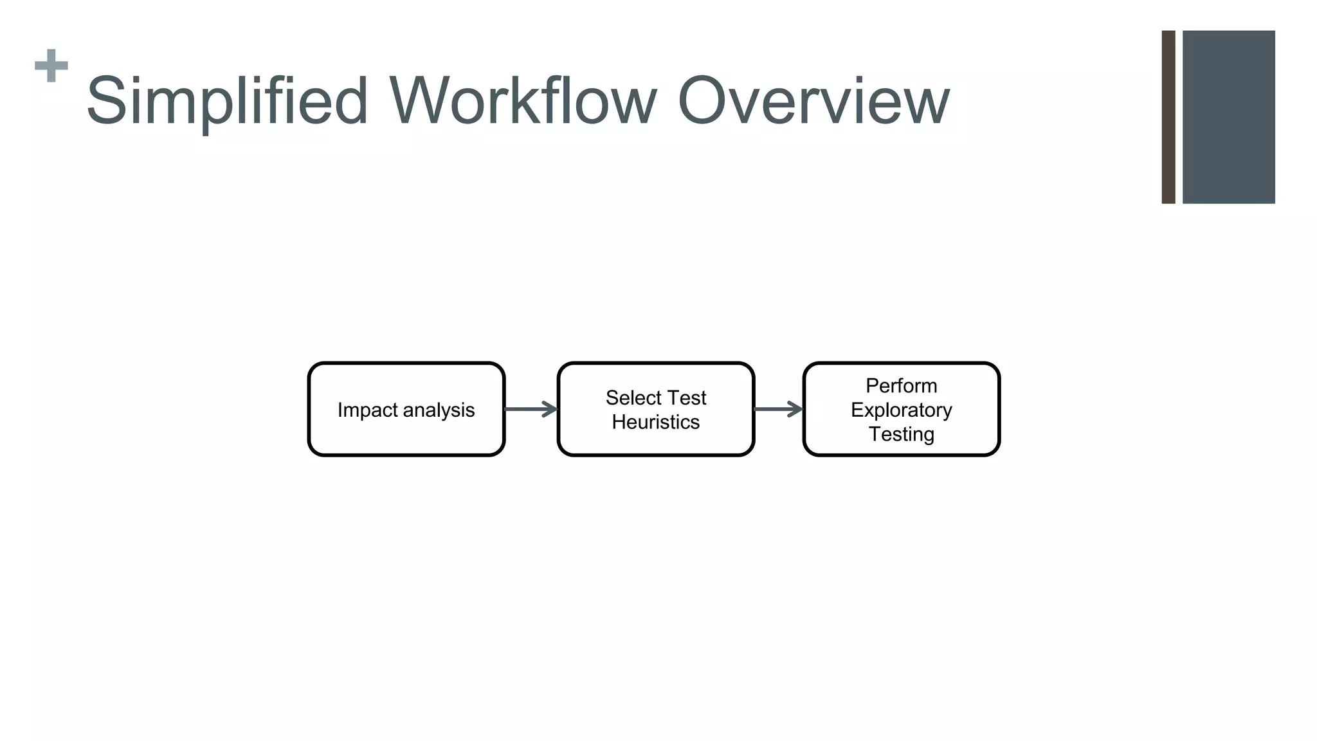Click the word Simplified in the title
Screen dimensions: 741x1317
tap(227, 101)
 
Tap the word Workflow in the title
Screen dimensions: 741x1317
tap(522, 101)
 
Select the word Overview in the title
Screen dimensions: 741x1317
tap(813, 101)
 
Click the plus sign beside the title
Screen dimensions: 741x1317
tap(51, 66)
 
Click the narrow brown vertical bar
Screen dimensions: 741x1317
tap(1168, 117)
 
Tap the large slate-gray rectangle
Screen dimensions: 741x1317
tap(1228, 117)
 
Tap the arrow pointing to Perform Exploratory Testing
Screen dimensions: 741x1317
tap(778, 409)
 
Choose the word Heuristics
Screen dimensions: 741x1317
tap(655, 422)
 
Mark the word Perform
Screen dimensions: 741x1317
tap(901, 385)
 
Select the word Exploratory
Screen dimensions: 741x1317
tap(901, 410)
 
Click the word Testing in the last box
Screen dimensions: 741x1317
tap(901, 434)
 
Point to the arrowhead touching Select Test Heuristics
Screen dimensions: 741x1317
tap(550, 409)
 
